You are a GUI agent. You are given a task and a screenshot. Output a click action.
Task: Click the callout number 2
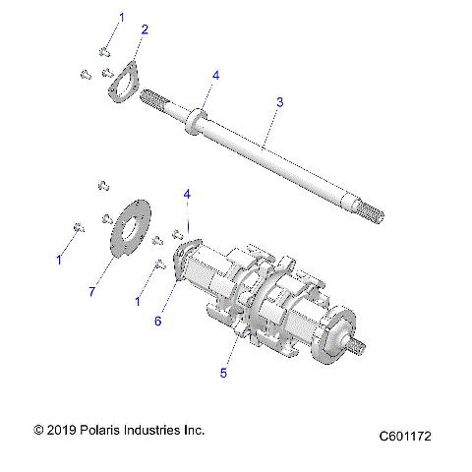click(x=145, y=30)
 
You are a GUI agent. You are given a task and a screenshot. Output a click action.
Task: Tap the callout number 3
click(x=280, y=101)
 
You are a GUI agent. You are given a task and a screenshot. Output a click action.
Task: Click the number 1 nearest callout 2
click(x=122, y=18)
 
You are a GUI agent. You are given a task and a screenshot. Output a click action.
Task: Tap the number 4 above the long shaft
click(x=215, y=75)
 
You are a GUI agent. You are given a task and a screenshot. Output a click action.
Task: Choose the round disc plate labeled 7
click(x=128, y=229)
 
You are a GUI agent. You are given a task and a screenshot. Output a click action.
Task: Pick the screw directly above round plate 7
click(x=101, y=184)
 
